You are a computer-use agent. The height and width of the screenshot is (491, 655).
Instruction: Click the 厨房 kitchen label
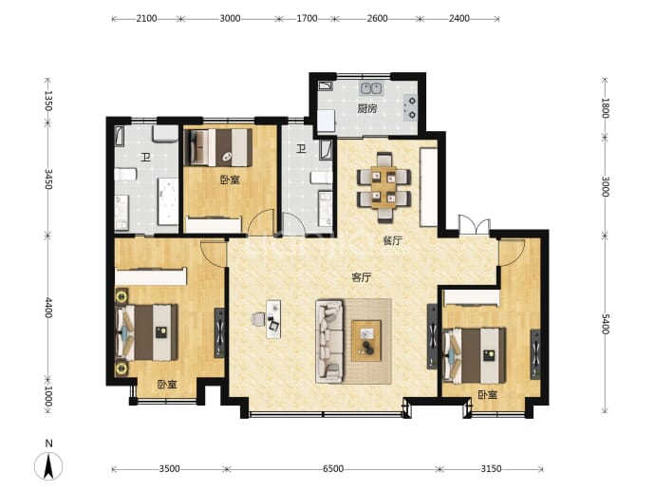(366, 109)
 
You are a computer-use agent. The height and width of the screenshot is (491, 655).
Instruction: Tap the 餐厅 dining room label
(392, 240)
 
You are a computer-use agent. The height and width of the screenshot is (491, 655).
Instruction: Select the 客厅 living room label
(362, 277)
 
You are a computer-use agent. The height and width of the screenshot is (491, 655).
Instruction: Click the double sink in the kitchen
(371, 88)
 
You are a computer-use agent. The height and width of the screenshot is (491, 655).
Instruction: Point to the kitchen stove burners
(410, 107)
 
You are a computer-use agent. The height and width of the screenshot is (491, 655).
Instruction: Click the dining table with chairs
(384, 187)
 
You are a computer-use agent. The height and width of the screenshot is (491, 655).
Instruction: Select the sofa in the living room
(329, 341)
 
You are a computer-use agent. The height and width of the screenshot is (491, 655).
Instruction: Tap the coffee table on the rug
(366, 341)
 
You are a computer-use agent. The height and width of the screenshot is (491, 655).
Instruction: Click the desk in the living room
(273, 319)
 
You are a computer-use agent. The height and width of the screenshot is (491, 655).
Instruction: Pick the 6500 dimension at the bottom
(333, 469)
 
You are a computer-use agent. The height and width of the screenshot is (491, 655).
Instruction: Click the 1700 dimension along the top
(307, 18)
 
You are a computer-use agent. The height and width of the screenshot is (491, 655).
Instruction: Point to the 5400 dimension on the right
(605, 324)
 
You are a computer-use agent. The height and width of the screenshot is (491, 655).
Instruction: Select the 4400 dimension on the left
(48, 308)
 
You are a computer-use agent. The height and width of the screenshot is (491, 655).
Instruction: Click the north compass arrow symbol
(48, 465)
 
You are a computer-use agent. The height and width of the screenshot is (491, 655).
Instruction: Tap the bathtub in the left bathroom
(167, 201)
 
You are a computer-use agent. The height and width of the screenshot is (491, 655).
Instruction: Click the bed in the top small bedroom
(220, 147)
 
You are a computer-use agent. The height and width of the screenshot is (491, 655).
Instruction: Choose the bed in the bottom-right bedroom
(475, 355)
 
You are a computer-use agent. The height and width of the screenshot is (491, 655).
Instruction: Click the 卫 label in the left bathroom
(145, 157)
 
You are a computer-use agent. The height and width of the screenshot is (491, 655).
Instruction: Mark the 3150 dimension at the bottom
(491, 469)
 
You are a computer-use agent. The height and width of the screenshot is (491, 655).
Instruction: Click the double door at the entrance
(474, 225)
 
